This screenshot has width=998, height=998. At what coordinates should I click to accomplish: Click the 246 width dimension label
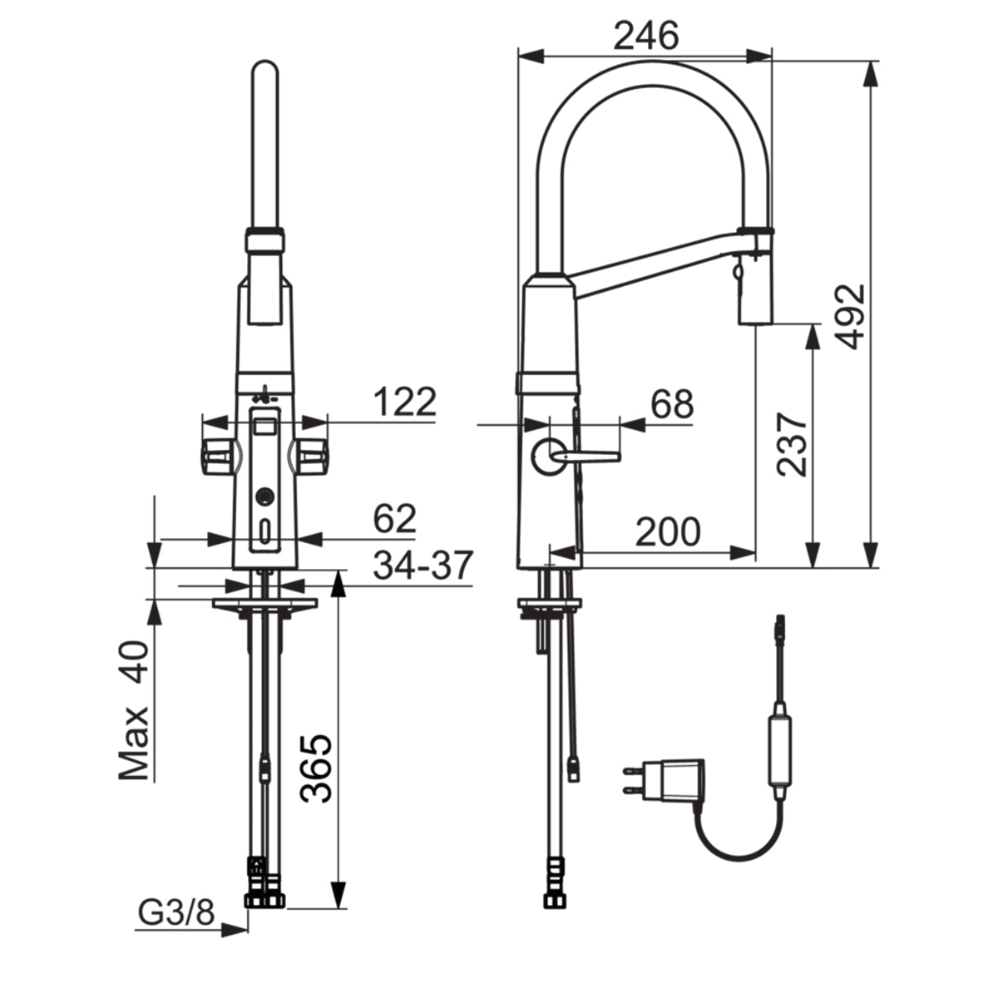(645, 37)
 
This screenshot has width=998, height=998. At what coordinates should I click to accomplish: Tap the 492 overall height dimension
(850, 316)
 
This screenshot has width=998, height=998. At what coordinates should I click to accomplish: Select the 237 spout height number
(792, 444)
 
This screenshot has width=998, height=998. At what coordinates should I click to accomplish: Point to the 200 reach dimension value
(668, 532)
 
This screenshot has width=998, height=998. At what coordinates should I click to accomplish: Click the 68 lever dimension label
(672, 404)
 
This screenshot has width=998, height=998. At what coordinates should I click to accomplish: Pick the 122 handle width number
(405, 402)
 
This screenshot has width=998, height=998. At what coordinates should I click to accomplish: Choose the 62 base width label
(395, 518)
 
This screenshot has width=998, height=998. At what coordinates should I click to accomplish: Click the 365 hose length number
(316, 768)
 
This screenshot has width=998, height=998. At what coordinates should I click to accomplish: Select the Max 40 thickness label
(134, 710)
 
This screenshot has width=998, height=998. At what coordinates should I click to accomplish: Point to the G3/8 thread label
(176, 912)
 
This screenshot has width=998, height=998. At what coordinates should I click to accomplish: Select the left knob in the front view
(220, 457)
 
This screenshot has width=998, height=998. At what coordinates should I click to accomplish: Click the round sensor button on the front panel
(264, 497)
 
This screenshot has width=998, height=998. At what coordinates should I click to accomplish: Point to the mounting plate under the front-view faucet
(264, 604)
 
